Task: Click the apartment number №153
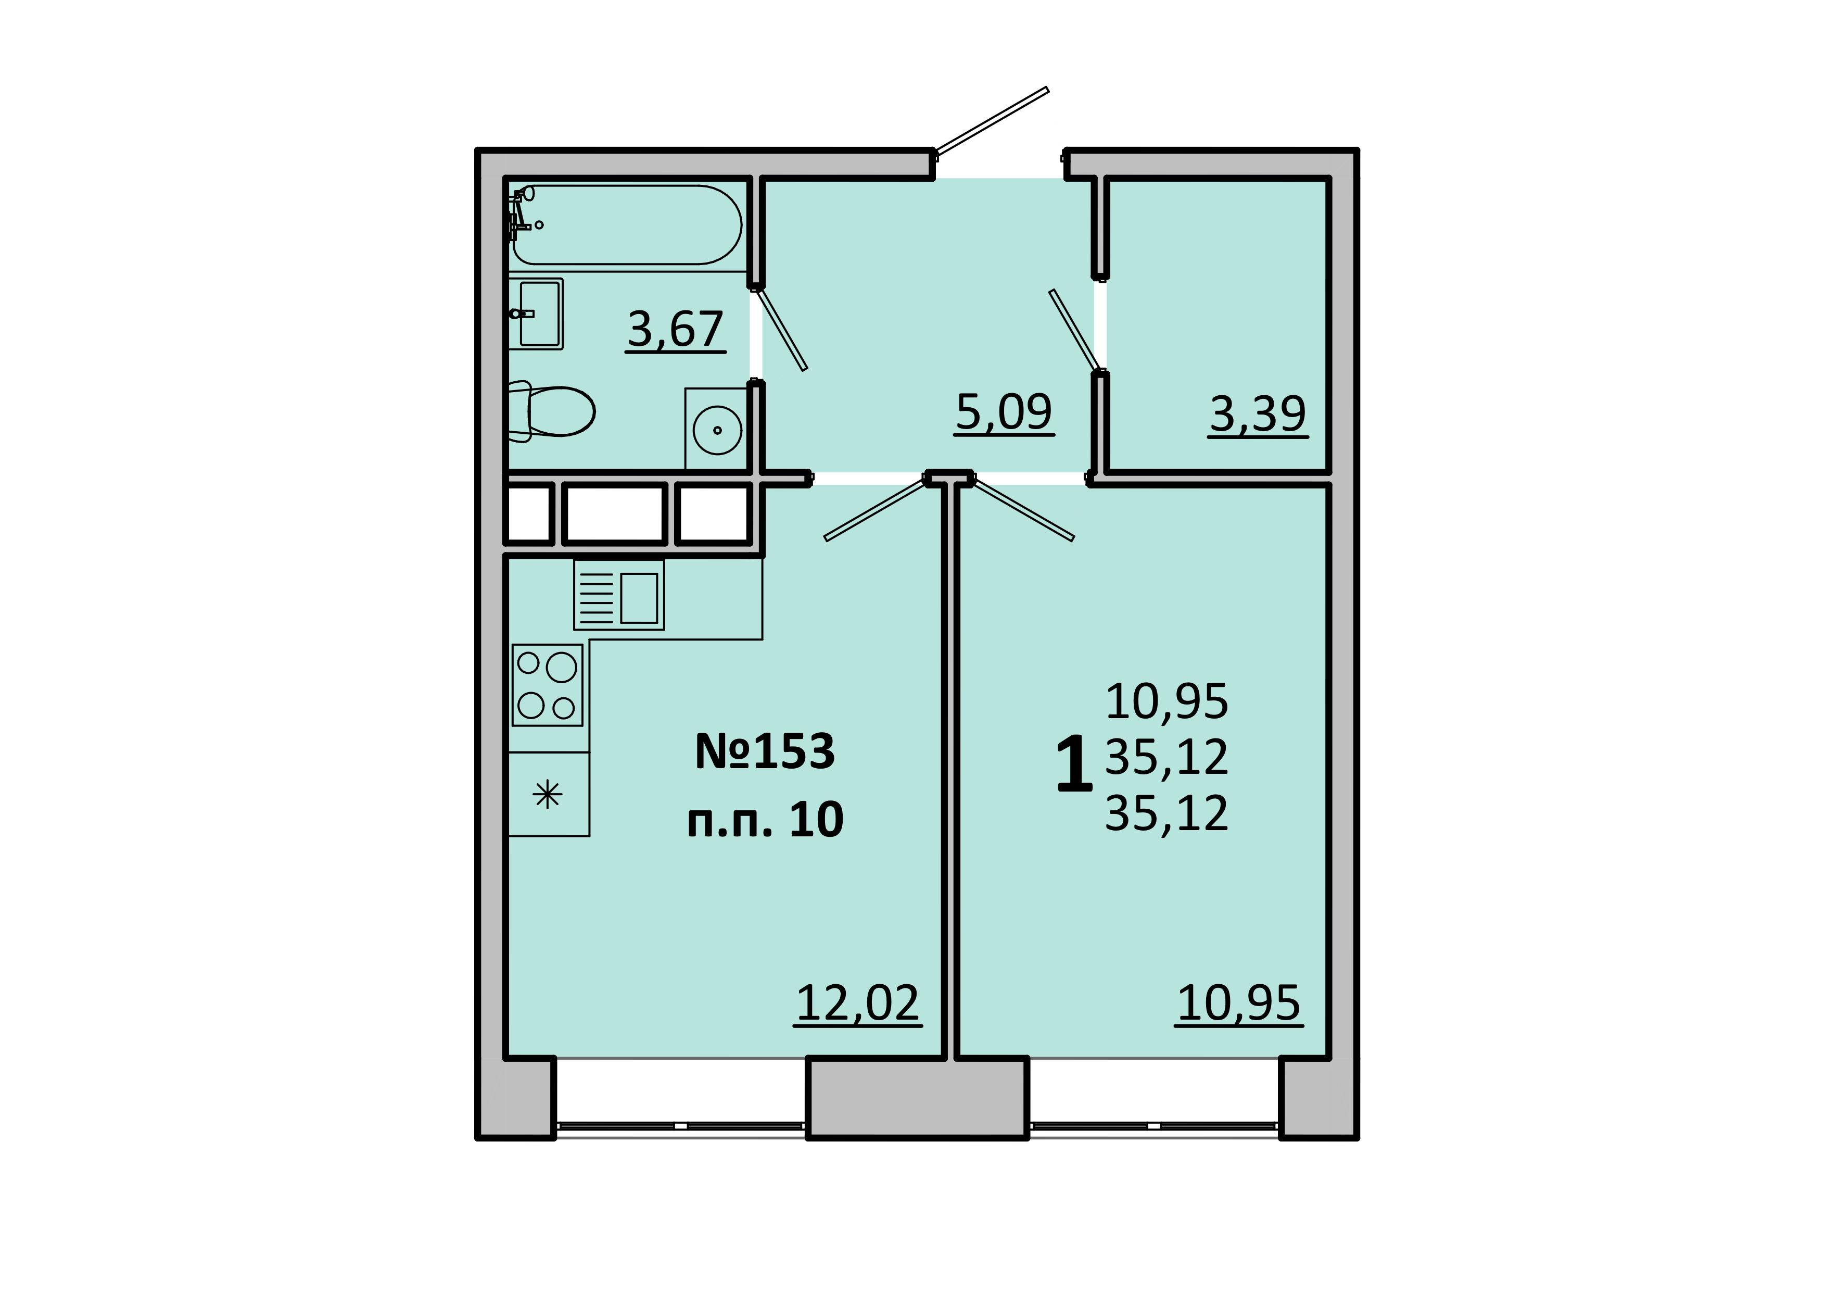click(765, 751)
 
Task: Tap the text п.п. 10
click(765, 820)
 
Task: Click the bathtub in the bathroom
click(626, 224)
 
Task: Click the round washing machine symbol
click(717, 430)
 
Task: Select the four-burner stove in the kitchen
click(547, 685)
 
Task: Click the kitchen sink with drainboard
click(619, 595)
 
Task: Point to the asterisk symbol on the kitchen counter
click(547, 795)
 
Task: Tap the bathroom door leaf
click(781, 329)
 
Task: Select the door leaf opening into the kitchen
click(875, 509)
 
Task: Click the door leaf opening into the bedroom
click(1023, 509)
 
